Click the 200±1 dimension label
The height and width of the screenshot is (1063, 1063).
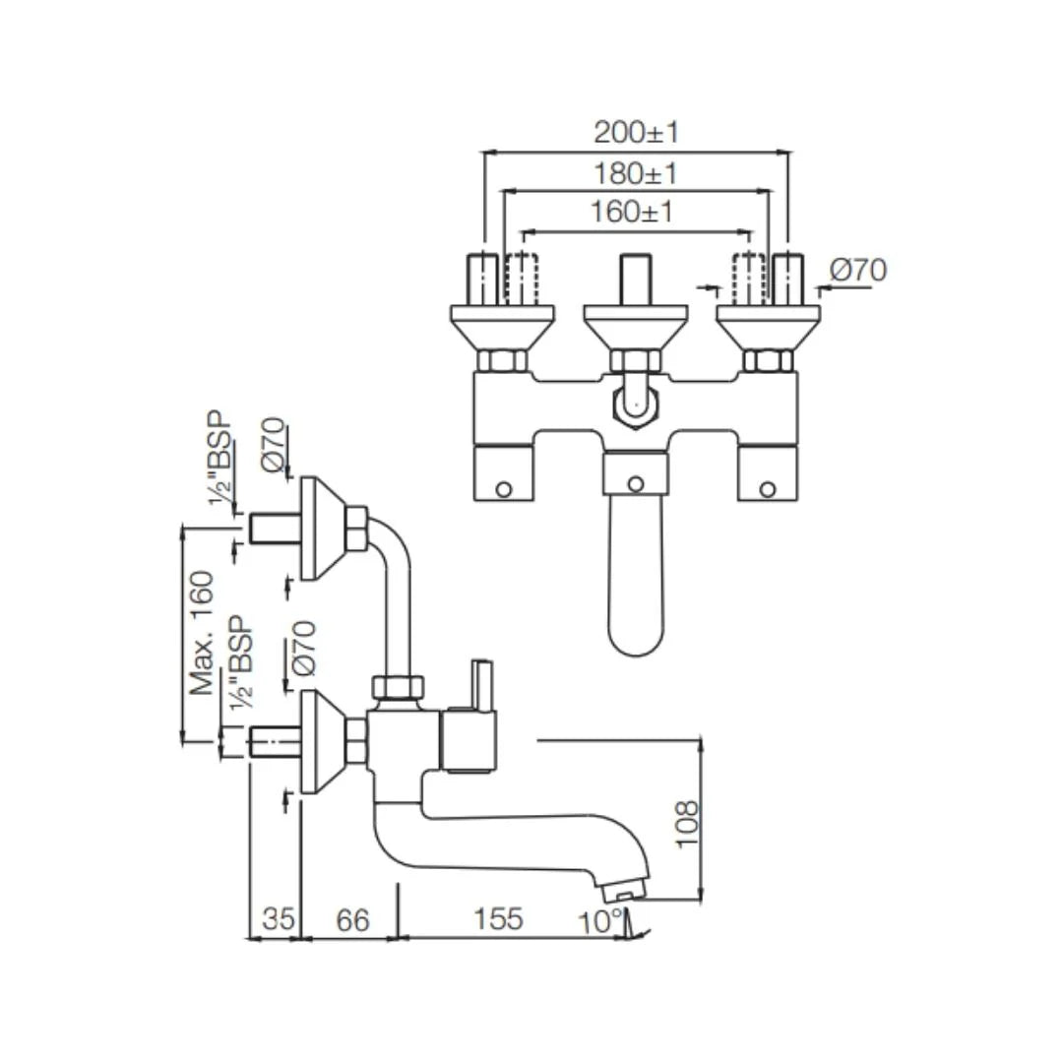[636, 132]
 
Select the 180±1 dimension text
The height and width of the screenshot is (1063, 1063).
[636, 173]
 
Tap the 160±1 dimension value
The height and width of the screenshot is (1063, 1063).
[632, 212]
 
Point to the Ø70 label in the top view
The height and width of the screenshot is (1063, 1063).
[857, 270]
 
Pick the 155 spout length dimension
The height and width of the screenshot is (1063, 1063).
[498, 919]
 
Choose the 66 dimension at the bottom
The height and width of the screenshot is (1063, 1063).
[352, 919]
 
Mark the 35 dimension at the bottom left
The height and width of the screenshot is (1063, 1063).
[279, 919]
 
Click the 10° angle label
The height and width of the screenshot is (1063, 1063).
[600, 922]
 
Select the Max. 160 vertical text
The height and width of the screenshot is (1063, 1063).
[203, 632]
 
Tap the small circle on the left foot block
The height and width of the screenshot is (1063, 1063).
[503, 488]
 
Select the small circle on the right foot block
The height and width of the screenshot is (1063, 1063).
[769, 488]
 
